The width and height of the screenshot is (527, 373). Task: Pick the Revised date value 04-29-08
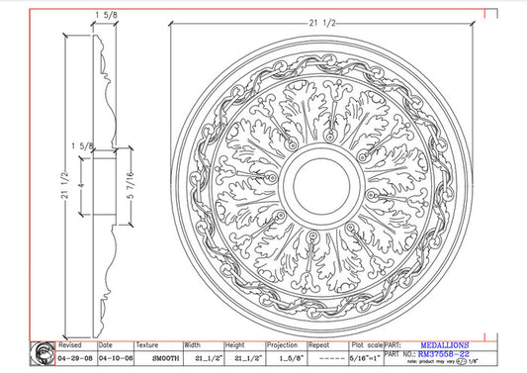(76, 356)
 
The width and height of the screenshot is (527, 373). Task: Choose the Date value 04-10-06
(115, 356)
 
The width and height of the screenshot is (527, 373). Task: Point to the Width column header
(192, 345)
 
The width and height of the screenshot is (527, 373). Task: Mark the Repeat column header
(317, 345)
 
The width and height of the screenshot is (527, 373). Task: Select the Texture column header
(147, 345)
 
